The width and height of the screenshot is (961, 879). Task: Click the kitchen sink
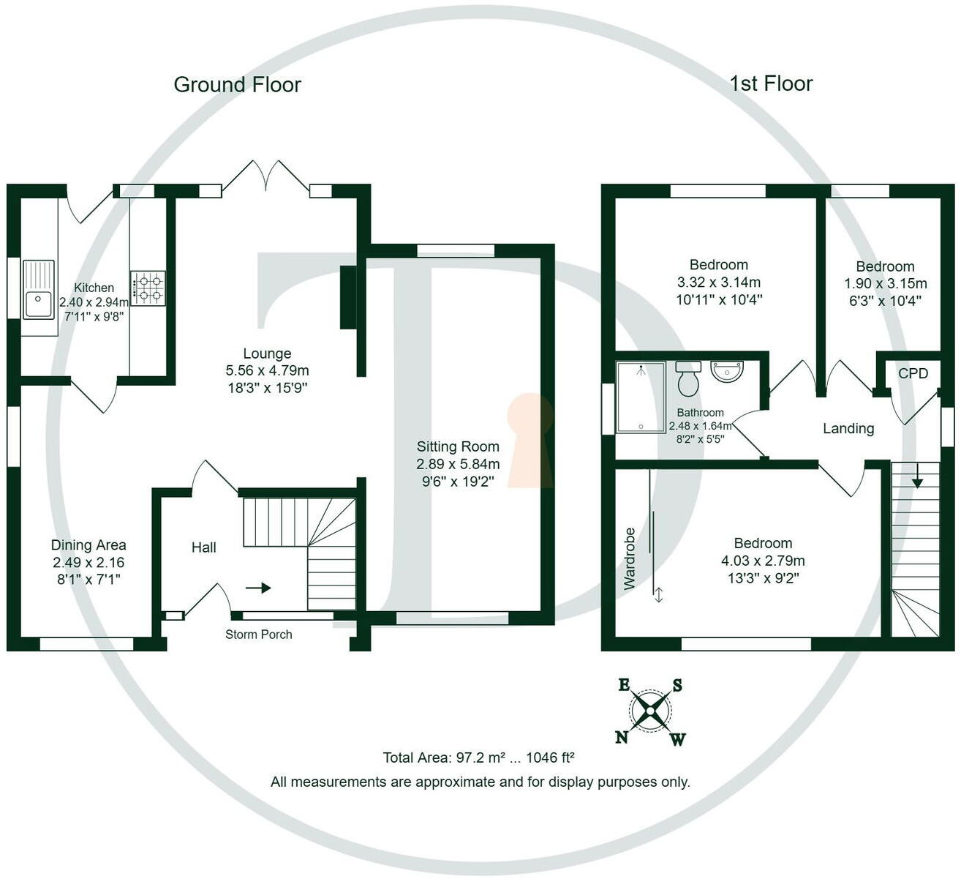(38, 289)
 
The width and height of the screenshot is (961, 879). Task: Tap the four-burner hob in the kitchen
(148, 288)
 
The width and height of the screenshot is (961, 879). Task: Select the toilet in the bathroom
(688, 379)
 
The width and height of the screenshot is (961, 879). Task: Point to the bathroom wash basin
(727, 372)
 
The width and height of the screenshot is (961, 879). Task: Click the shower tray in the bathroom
(641, 397)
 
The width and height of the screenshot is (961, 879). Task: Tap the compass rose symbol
(649, 711)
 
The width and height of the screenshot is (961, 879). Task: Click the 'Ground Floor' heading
(237, 85)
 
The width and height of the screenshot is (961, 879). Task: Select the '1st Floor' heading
(771, 84)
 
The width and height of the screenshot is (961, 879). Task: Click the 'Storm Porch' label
(259, 635)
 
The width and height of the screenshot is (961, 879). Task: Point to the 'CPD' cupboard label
(913, 373)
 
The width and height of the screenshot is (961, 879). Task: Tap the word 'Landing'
(848, 428)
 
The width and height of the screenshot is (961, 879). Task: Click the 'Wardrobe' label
(629, 558)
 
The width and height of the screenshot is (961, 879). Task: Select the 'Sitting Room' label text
(458, 446)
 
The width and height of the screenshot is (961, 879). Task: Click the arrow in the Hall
(258, 588)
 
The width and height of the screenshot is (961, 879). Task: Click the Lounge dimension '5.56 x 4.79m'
(268, 370)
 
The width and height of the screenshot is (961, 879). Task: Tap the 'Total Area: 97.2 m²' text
(444, 758)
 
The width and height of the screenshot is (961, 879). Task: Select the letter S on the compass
(677, 686)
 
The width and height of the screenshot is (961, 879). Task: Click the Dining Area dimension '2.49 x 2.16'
(88, 562)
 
